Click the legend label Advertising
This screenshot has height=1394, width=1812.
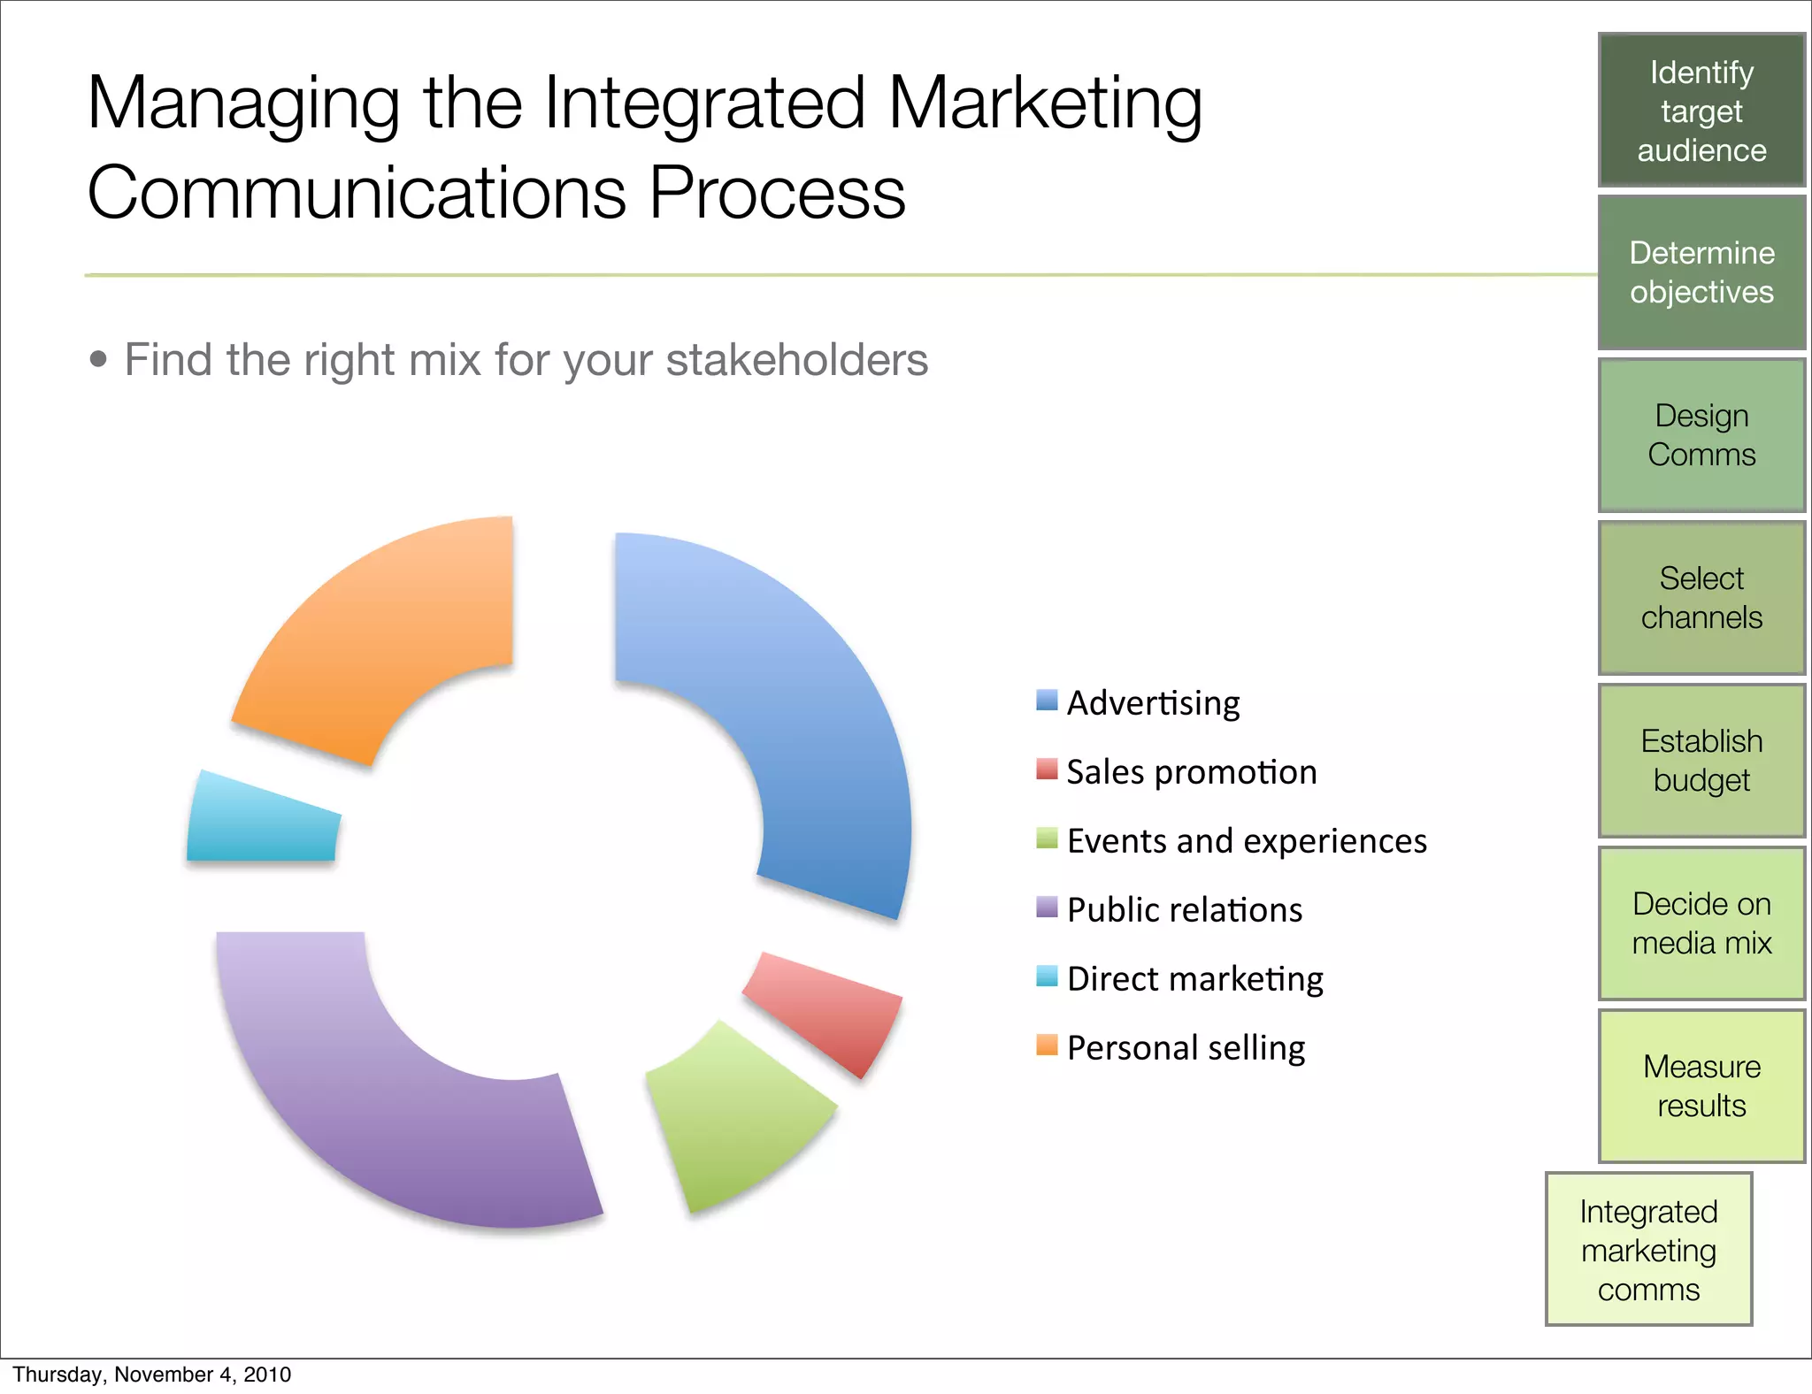click(1153, 703)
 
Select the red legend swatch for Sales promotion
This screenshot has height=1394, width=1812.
click(1047, 770)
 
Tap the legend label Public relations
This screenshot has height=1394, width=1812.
click(1185, 910)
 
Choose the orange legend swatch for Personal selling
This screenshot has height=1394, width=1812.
click(1047, 1045)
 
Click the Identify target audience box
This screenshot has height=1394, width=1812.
click(1701, 111)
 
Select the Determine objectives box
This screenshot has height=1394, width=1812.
click(1701, 272)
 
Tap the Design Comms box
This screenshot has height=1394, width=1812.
click(1701, 435)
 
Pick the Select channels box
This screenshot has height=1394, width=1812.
click(1701, 598)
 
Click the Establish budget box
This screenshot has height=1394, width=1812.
click(1701, 761)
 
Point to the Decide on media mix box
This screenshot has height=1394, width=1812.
click(1701, 923)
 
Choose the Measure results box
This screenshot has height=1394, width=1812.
click(1701, 1086)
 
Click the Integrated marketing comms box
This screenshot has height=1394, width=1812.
click(1648, 1250)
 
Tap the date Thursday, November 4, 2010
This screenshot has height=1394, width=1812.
click(152, 1375)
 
